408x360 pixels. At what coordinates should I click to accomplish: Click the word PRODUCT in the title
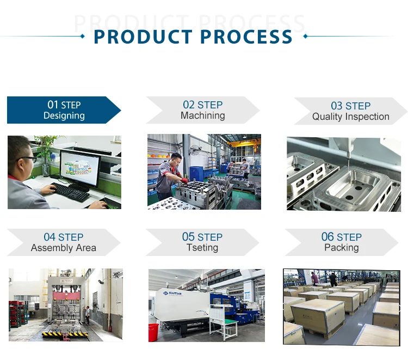point(143,36)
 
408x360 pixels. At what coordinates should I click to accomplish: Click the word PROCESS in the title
point(247,36)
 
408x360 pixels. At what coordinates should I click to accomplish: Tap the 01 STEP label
point(64,105)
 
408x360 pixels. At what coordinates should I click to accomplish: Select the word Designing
point(64,115)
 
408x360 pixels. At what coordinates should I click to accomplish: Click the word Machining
point(202,115)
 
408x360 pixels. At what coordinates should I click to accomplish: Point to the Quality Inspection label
point(350,117)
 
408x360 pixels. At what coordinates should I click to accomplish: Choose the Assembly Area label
point(63,248)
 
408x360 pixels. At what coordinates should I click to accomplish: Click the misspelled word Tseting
point(202,248)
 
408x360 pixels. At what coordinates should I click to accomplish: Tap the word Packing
point(341,248)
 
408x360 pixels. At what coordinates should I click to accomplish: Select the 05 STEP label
point(202,237)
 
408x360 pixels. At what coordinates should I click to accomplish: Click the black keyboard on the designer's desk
point(70,192)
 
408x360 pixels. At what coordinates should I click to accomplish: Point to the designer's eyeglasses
point(27,159)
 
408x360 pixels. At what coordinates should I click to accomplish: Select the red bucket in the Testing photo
point(153,330)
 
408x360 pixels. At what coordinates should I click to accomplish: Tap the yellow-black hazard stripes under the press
point(65,333)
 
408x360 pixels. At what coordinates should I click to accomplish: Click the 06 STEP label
point(341,237)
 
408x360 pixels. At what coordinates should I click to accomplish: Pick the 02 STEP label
point(202,105)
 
